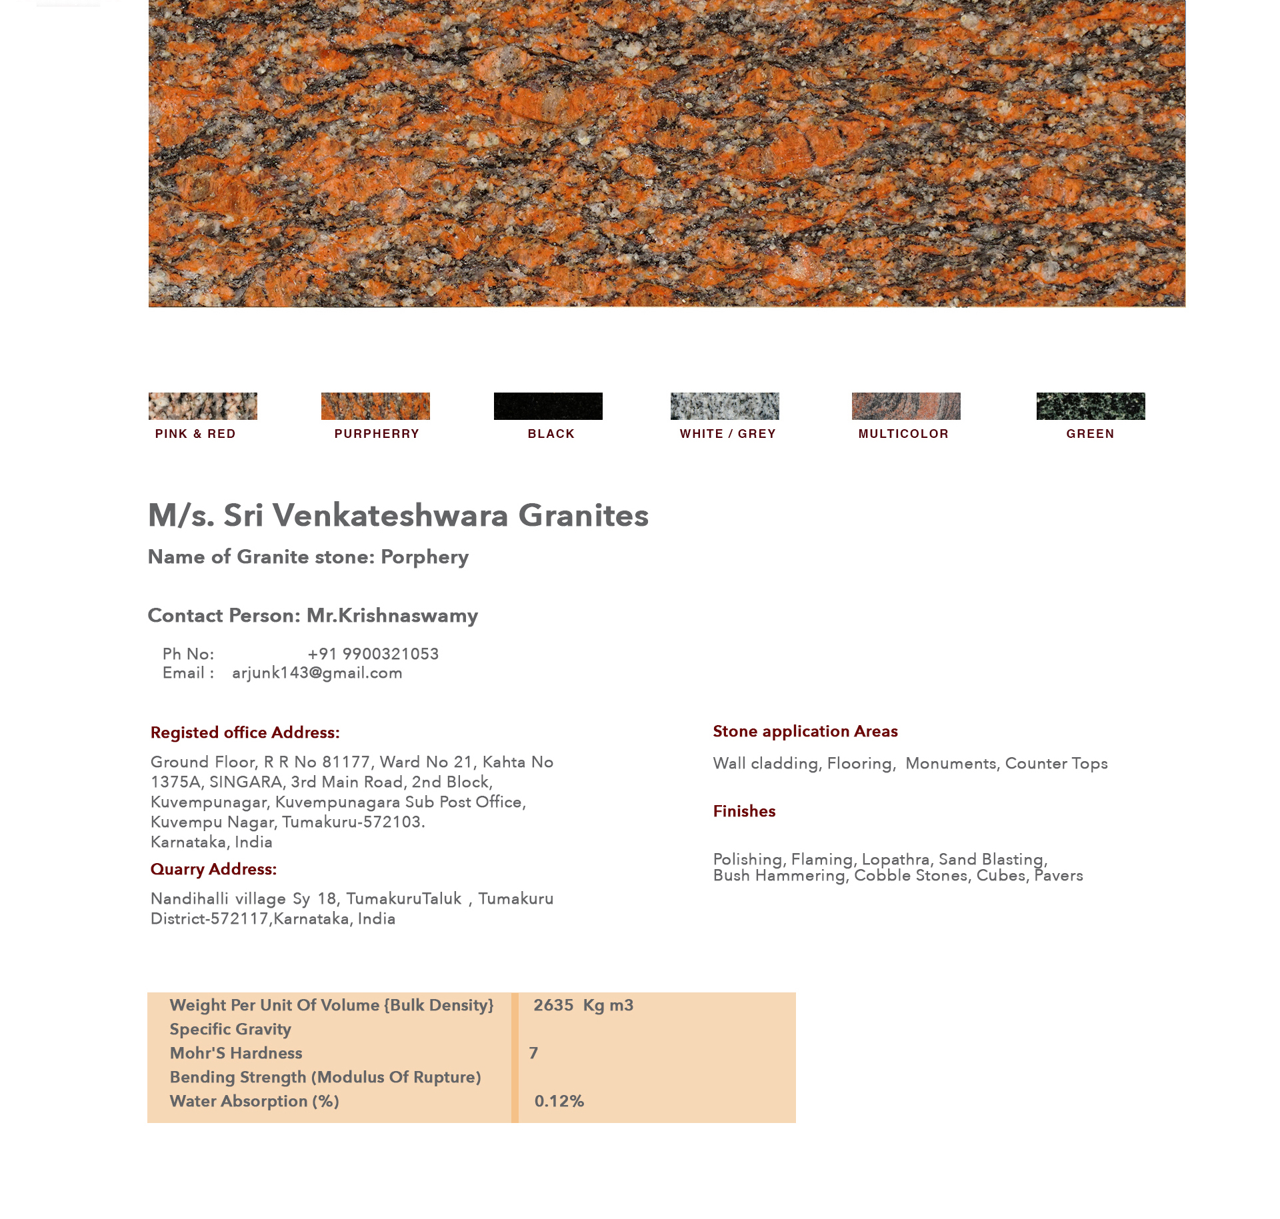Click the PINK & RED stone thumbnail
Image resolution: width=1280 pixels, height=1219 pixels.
point(203,406)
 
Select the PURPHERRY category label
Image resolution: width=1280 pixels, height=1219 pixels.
point(377,434)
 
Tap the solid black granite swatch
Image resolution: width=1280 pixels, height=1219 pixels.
point(548,406)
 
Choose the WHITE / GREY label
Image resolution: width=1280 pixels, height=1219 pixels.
point(727,434)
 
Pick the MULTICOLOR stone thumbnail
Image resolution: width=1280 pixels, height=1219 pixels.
point(906,406)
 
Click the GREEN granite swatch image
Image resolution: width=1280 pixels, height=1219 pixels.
point(1091,406)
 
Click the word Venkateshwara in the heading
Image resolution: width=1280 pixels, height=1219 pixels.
point(390,515)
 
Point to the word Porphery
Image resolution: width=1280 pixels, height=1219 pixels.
point(425,557)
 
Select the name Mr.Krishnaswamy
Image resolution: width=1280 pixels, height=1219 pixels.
point(392,616)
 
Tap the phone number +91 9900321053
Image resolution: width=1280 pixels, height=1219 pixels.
point(373,654)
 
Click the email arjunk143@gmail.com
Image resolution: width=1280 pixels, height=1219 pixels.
point(317,673)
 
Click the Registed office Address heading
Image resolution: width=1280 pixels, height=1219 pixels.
point(245,733)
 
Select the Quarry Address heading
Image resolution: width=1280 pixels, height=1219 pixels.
point(213,870)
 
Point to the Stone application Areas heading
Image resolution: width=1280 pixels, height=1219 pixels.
point(805,732)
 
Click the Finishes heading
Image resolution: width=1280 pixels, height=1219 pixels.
point(744,812)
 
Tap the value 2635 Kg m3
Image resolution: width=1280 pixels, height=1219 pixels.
point(583,1005)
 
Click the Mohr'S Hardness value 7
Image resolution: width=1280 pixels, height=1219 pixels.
point(533,1053)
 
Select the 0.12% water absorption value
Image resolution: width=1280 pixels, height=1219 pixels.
point(559,1101)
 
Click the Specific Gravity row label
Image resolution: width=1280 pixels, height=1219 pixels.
point(231,1030)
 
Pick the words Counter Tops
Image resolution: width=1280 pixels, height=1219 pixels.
point(1056,764)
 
